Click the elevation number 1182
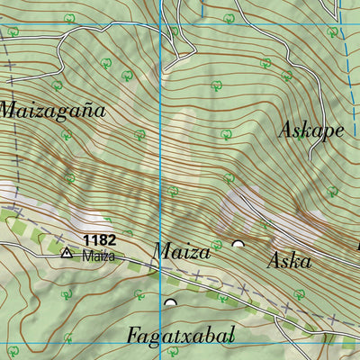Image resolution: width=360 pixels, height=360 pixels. pos(99,240)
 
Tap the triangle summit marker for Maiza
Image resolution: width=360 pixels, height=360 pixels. pos(66,254)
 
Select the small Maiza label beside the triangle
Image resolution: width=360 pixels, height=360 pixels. pos(99,256)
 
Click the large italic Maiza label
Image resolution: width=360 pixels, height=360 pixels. pos(182,252)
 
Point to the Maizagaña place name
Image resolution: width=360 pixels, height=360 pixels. pos(52,112)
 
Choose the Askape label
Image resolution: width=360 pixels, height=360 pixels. pos(311,130)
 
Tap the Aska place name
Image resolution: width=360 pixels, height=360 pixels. pos(289,261)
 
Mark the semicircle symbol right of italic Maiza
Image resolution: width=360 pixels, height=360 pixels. pos(238,244)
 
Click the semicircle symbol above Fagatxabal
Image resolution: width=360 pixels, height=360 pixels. pos(170,302)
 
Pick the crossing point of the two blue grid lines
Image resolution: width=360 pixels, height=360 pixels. pos(161,340)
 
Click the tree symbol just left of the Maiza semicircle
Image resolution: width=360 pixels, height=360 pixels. pos(216,245)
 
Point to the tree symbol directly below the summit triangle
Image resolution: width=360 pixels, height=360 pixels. pos(66,294)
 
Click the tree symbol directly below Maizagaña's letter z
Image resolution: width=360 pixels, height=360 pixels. pos(67,135)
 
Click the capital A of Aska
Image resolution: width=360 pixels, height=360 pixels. pos(274,261)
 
